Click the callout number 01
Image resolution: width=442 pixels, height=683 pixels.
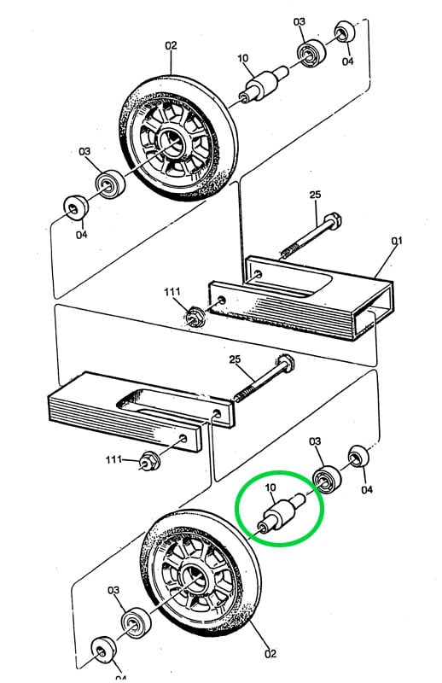396,241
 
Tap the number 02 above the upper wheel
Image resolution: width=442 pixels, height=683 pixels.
172,45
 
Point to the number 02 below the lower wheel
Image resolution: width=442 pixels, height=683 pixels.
270,653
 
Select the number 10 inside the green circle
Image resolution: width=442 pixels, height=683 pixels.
270,487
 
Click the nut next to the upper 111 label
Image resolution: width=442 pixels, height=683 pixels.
194,315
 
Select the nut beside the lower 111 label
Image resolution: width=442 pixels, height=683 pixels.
148,461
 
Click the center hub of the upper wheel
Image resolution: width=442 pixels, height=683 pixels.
172,139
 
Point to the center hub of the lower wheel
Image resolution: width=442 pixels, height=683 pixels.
194,580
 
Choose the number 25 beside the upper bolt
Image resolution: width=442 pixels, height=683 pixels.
315,195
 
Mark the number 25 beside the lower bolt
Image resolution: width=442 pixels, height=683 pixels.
235,359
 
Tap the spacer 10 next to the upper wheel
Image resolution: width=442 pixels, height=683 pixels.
264,84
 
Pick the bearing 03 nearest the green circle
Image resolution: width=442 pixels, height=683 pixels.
328,479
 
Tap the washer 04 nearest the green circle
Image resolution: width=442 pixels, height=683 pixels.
358,457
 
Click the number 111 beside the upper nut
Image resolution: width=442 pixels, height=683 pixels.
172,291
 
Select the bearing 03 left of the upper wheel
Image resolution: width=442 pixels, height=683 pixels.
110,184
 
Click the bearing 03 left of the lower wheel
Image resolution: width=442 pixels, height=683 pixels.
136,622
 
